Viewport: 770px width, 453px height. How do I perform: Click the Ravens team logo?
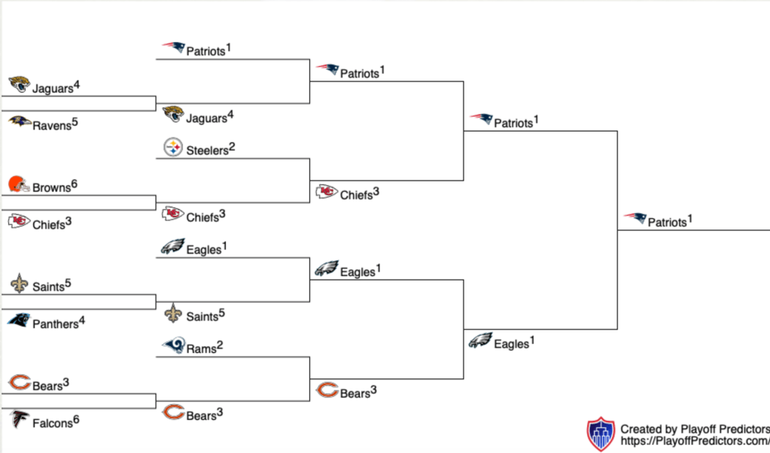[20, 122]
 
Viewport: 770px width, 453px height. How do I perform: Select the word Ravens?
[52, 125]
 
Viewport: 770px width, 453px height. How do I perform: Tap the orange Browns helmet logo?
[19, 184]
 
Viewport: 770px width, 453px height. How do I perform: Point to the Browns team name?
[51, 187]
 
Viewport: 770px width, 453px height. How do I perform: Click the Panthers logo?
[19, 321]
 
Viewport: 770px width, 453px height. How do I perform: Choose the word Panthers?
[56, 324]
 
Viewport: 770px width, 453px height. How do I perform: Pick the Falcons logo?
[19, 420]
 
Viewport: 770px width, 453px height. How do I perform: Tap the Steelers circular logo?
[173, 147]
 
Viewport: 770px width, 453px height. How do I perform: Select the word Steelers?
[207, 150]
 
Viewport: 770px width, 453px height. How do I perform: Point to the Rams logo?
[173, 346]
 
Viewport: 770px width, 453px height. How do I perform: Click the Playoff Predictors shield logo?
[601, 435]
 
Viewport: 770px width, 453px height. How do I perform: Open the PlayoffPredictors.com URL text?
[693, 442]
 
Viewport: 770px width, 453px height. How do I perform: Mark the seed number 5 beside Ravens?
[75, 120]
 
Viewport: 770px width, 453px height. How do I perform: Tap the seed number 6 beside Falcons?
[76, 419]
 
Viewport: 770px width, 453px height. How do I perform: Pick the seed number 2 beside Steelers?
[233, 146]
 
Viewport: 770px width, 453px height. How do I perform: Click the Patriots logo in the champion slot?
[635, 219]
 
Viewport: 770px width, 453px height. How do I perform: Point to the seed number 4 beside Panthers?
[82, 320]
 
